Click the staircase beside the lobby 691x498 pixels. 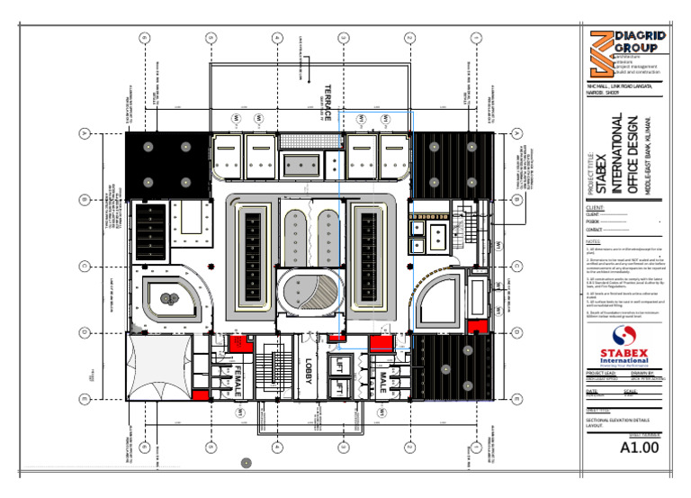tap(267, 369)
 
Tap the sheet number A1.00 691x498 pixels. tap(641, 447)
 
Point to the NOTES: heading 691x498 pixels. tap(592, 241)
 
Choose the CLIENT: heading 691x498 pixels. tap(595, 206)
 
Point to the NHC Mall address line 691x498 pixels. tap(623, 86)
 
